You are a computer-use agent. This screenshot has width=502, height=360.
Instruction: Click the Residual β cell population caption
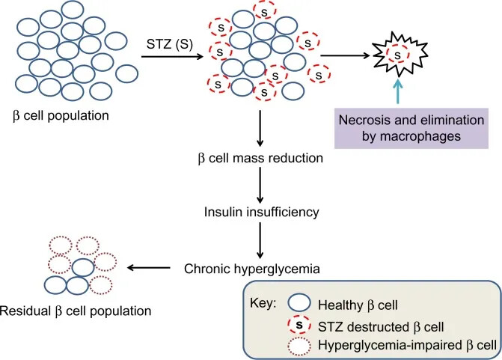pyautogui.click(x=76, y=309)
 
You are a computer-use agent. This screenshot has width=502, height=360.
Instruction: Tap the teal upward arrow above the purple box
pyautogui.click(x=397, y=93)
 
